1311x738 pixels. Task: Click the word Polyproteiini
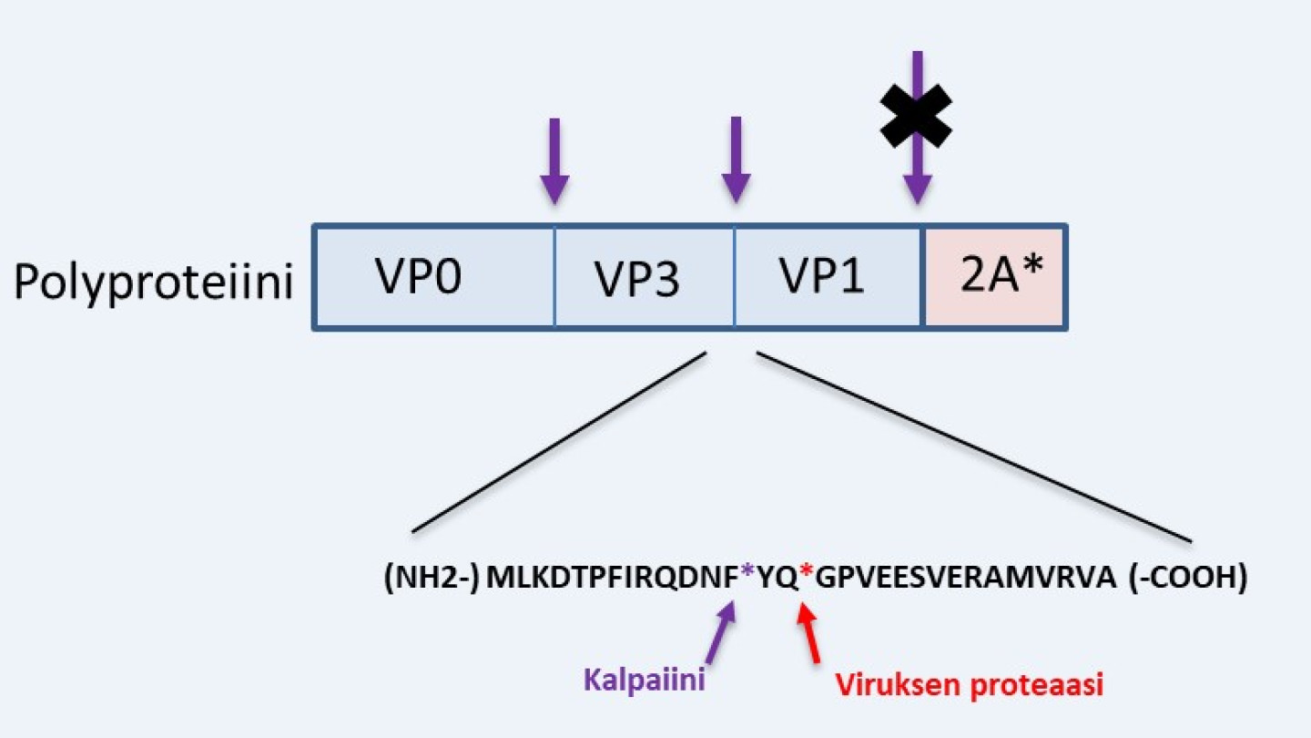153,282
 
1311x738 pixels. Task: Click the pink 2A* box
996,277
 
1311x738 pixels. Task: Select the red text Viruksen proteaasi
969,685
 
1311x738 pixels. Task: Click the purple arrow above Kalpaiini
725,633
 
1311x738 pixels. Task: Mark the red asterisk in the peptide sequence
806,574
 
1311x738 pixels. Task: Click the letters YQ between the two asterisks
777,578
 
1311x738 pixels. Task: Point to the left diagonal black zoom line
559,443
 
